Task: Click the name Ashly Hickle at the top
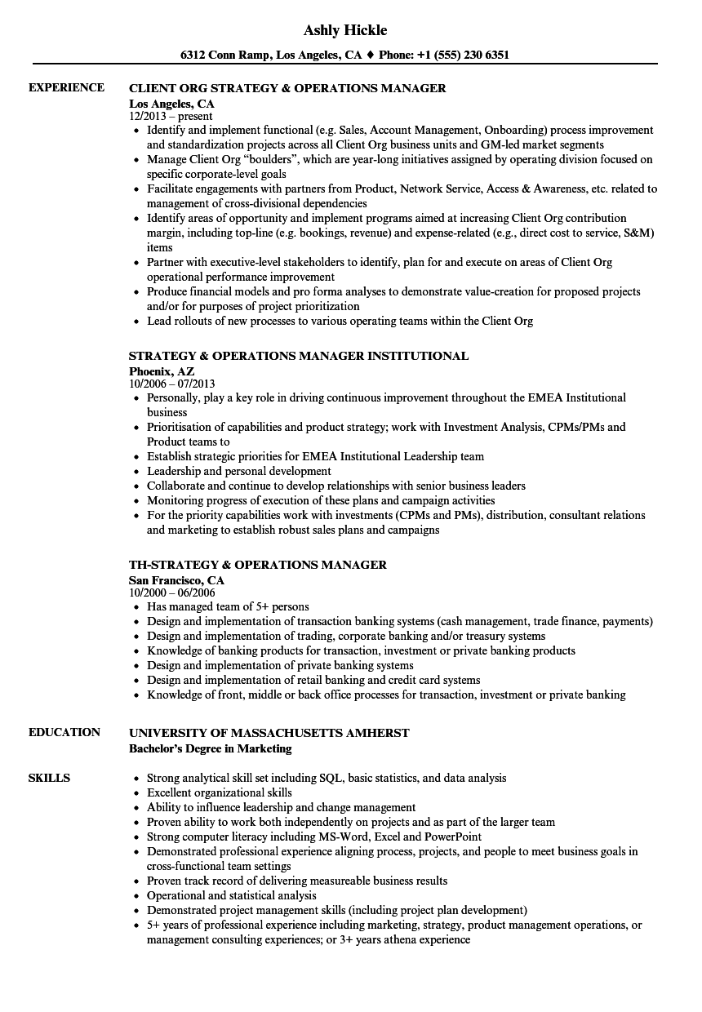coord(345,30)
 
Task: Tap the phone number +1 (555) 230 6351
coord(464,55)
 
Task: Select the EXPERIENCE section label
coord(66,87)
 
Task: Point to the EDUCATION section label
coord(64,732)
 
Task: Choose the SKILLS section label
coord(49,778)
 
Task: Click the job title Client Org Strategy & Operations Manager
coord(287,88)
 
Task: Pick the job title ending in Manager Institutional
coord(299,356)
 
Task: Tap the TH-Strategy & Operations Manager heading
coord(258,565)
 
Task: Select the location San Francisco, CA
coord(176,579)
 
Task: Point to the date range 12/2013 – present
coord(171,117)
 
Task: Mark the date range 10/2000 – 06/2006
coord(172,593)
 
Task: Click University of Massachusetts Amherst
coord(269,733)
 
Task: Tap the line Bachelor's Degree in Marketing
coord(210,748)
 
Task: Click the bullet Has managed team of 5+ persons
coord(228,606)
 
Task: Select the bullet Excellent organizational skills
coord(219,792)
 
